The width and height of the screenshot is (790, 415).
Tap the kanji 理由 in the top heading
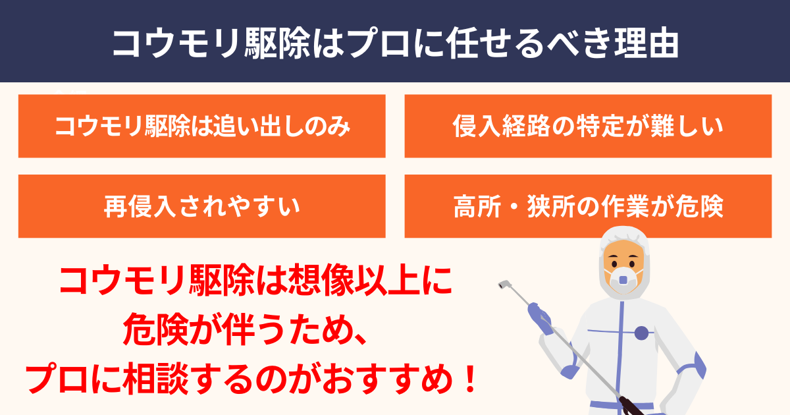tap(646, 43)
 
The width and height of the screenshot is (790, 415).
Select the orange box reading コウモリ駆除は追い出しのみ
tap(201, 126)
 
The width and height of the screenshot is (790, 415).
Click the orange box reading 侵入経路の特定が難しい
tap(588, 126)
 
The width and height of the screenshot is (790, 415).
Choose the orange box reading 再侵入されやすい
tap(201, 206)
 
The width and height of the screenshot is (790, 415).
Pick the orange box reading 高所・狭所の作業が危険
tap(588, 206)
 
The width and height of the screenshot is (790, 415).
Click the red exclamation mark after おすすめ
tap(470, 379)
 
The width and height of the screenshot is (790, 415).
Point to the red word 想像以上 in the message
tap(354, 280)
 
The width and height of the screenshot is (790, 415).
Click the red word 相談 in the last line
tap(156, 379)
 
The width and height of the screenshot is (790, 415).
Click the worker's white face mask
tap(623, 279)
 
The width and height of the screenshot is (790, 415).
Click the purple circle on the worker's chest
tap(641, 333)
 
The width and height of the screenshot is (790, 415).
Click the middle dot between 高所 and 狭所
tap(514, 207)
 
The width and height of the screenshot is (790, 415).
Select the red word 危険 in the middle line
tap(155, 329)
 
